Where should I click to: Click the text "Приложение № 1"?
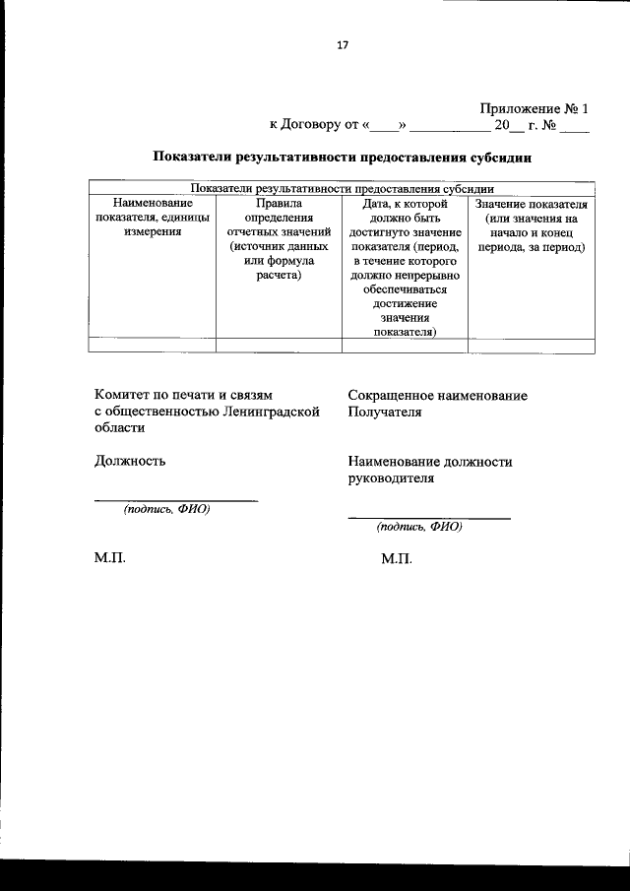pos(534,109)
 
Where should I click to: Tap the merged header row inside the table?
pos(343,188)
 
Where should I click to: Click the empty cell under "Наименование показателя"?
pos(153,346)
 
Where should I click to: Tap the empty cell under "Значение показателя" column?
pos(531,346)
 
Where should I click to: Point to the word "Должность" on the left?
pos(130,460)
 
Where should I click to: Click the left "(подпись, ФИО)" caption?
pos(166,510)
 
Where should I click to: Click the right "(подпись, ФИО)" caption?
pos(419,527)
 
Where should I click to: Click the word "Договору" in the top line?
pos(309,125)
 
